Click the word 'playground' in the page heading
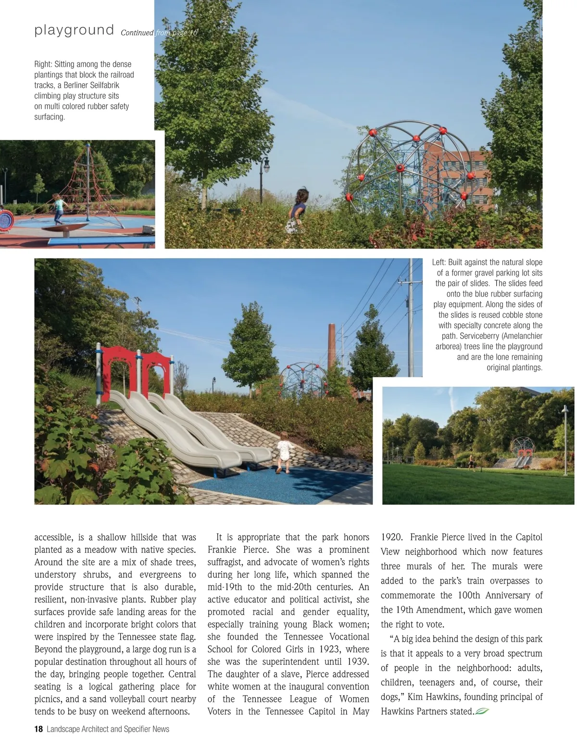74,30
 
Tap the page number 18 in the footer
38,729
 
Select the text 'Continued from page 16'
159,33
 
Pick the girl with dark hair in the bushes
301,207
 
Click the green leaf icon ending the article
482,712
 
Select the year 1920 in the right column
391,537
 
